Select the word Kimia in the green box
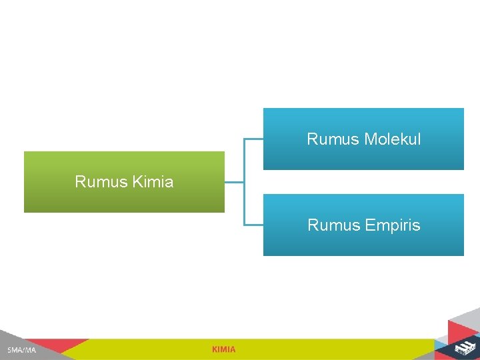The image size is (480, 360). (153, 182)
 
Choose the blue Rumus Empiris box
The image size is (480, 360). (363, 243)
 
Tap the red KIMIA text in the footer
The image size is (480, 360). (223, 349)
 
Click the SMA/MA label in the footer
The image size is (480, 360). (22, 350)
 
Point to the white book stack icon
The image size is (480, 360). (464, 347)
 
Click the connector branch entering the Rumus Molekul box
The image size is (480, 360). (254, 139)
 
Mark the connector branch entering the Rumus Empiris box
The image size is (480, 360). (254, 224)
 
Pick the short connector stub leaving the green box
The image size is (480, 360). (234, 181)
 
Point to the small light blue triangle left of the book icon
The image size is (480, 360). (442, 346)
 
